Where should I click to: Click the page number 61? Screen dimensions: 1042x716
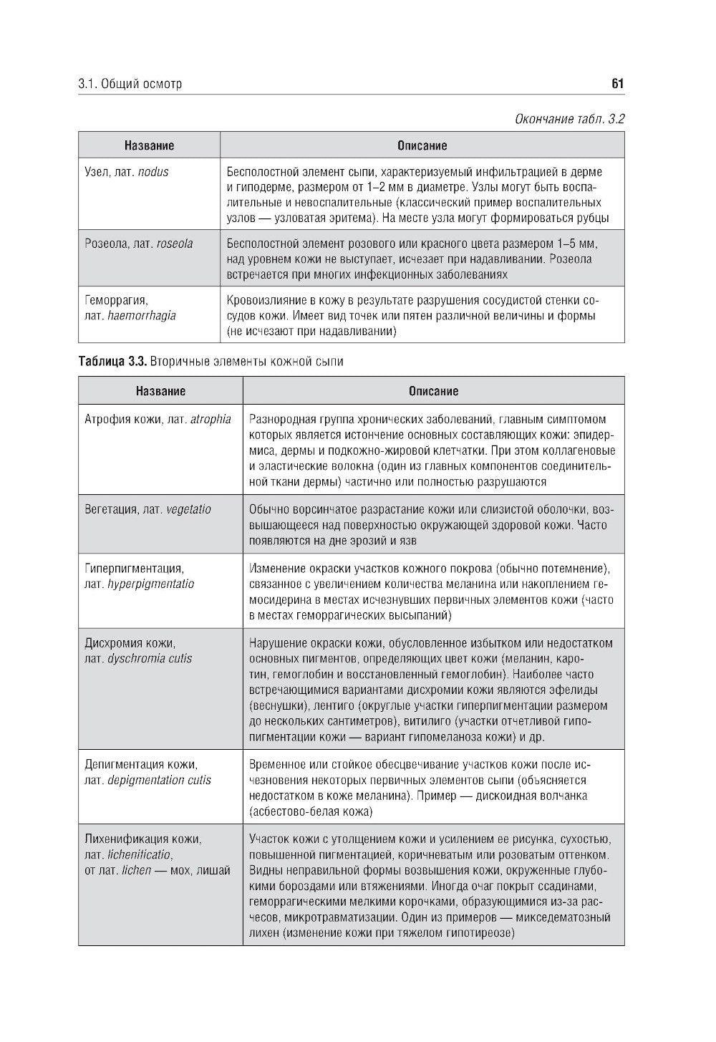[617, 84]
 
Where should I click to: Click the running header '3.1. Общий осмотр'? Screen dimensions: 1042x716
[130, 84]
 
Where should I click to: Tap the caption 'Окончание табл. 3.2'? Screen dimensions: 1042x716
[569, 118]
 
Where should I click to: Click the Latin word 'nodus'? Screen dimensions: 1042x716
[153, 172]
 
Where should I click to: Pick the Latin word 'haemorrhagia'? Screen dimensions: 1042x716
[141, 316]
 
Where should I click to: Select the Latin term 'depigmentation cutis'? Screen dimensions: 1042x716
[159, 781]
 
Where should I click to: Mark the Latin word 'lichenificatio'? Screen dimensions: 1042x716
[140, 855]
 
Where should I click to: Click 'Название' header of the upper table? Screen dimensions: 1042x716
[149, 145]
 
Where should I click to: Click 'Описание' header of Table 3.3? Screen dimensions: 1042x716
[433, 391]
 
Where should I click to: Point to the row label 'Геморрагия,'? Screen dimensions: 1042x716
[116, 300]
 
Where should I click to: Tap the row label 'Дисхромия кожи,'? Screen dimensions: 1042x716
[130, 643]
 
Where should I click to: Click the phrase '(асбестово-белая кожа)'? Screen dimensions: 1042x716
[311, 812]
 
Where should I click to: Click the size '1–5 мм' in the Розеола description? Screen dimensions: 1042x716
[576, 243]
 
